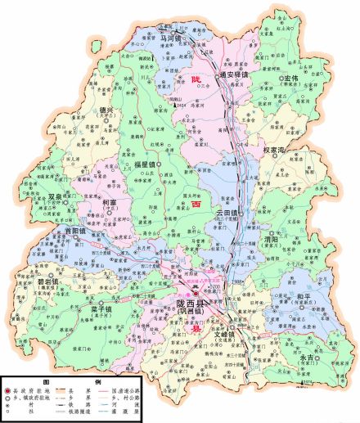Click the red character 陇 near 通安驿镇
pyautogui.click(x=196, y=79)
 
